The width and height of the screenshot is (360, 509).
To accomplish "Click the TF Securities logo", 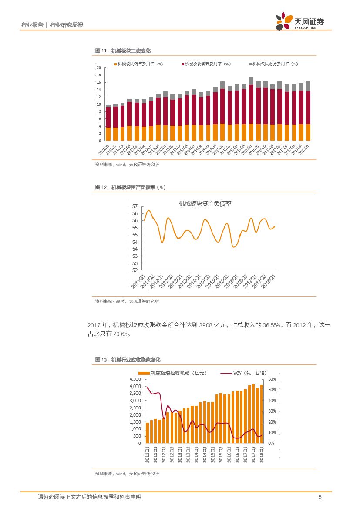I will click(300, 22).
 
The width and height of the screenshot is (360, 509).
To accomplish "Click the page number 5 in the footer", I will click(320, 497).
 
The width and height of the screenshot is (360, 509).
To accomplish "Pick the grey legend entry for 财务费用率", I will click(274, 64).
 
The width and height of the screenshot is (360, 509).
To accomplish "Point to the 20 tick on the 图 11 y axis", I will click(99, 68).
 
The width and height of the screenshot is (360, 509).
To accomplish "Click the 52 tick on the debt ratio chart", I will click(135, 270).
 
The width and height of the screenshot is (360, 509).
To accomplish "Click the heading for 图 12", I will click(131, 187).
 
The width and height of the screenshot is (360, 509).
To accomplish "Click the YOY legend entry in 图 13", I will click(244, 373).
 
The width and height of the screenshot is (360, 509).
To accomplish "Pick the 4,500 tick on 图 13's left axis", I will click(135, 379).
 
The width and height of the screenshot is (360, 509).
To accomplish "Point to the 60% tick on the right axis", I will click(273, 379).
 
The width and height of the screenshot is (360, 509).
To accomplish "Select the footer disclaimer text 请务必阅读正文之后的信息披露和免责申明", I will click(89, 497).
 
